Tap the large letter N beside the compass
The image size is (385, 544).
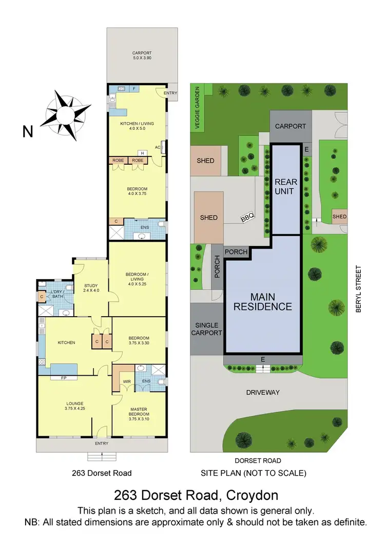[x=28, y=132]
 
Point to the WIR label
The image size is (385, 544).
[x=125, y=381]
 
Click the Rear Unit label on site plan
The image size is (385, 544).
[x=285, y=187]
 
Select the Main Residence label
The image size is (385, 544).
[x=263, y=302]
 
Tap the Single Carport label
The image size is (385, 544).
[x=207, y=329]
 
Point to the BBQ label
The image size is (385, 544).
[x=247, y=219]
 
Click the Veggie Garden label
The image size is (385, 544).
[x=197, y=109]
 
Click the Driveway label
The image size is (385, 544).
[x=263, y=393]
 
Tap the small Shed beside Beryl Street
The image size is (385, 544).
[x=339, y=217]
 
